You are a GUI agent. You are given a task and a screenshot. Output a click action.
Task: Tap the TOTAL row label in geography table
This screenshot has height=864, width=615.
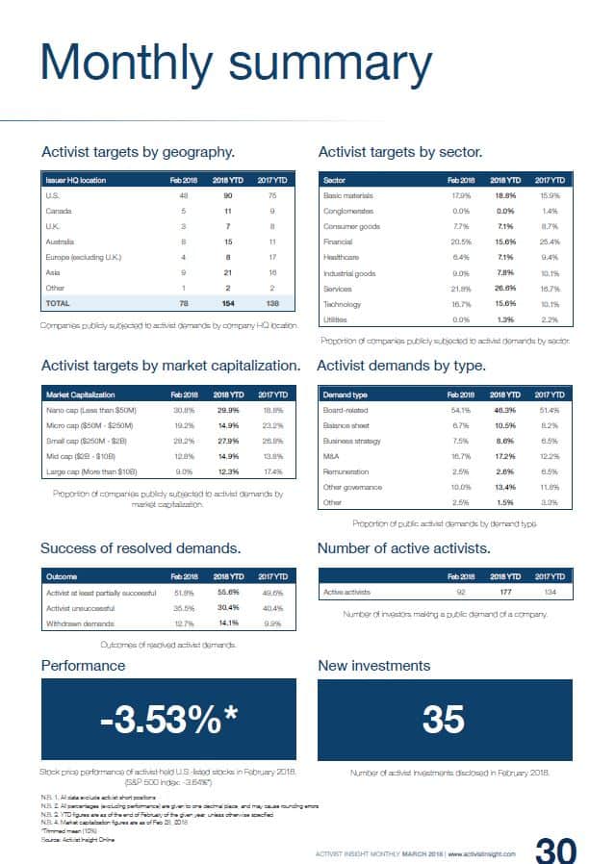pyautogui.click(x=59, y=303)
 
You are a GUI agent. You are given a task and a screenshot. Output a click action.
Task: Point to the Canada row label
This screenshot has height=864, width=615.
pyautogui.click(x=59, y=211)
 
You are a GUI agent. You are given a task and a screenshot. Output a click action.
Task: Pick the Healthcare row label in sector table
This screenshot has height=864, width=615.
pyautogui.click(x=341, y=257)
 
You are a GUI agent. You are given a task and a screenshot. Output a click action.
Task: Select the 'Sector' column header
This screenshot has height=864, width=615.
pyautogui.click(x=334, y=180)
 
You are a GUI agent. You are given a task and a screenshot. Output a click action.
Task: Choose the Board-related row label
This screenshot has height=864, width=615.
pyautogui.click(x=348, y=410)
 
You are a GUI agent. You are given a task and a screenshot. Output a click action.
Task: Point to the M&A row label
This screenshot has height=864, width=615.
pyautogui.click(x=332, y=456)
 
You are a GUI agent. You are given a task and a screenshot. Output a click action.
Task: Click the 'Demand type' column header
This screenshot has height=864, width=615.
pyautogui.click(x=346, y=394)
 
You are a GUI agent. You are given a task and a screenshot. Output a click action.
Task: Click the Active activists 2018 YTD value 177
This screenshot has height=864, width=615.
pyautogui.click(x=505, y=593)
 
